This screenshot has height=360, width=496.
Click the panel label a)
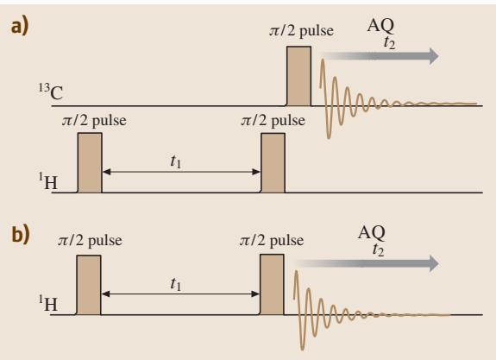pos(20,26)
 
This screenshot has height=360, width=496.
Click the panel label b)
pos(21,234)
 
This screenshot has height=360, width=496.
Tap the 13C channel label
pos(51,92)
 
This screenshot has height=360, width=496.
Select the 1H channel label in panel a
pos(48,181)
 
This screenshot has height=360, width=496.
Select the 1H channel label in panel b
pos(48,303)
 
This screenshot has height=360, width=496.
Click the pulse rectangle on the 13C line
pos(298,76)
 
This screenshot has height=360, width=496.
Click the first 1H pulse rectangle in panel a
pos(90,162)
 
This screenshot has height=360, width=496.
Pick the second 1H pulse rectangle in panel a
pos(273,162)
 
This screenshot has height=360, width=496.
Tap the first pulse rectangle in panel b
pos(89,285)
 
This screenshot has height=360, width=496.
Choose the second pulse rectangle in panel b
pos(272,285)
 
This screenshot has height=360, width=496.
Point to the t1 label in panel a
pos(176,161)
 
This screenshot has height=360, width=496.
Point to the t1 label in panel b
pos(176,284)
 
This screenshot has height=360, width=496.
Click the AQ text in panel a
pos(380,25)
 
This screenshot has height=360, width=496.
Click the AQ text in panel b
pos(372,233)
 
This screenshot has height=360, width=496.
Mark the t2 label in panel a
pos(389,43)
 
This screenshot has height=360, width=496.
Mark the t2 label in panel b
pos(379,249)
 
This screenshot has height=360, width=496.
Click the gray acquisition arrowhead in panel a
pos(432,56)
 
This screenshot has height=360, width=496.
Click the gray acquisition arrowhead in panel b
pos(432,263)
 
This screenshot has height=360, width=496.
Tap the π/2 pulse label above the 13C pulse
pos(301,31)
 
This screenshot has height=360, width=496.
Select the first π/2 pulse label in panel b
pos(90,240)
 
